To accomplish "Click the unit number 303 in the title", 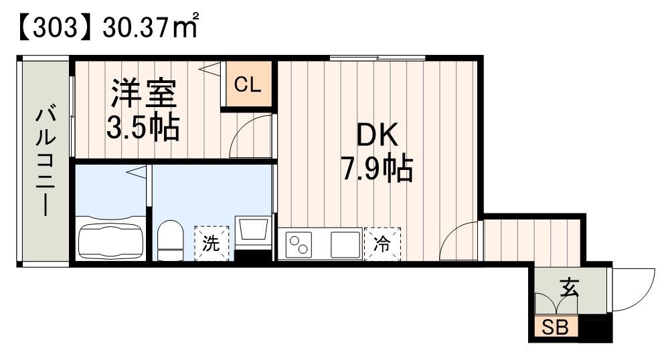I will [50, 28].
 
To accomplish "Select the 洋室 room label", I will [143, 94].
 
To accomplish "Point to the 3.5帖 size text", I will [143, 126].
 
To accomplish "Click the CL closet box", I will [248, 85].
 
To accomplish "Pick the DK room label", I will [377, 137].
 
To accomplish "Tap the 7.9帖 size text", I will [377, 170].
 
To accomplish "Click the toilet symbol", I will [171, 240].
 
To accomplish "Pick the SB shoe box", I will [555, 328].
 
